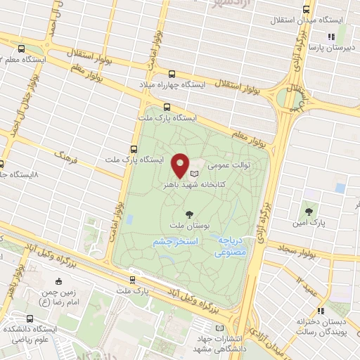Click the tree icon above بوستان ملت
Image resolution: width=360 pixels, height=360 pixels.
click(188, 214)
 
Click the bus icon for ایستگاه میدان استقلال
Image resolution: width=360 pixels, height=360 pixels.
click(306, 10)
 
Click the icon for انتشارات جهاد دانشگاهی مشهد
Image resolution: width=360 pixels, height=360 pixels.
click(220, 328)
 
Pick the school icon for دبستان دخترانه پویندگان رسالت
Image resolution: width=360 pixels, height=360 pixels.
click(321, 311)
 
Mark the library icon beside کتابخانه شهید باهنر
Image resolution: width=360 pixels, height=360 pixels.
click(195, 172)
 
